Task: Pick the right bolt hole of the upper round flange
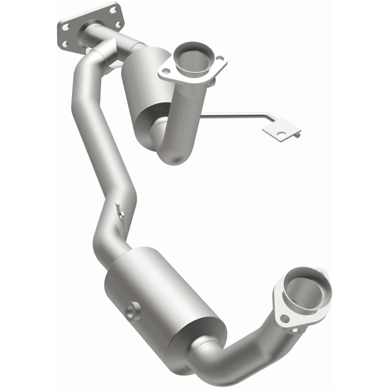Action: [219, 58]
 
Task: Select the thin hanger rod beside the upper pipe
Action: [234, 116]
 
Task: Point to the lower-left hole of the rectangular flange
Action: [65, 44]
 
